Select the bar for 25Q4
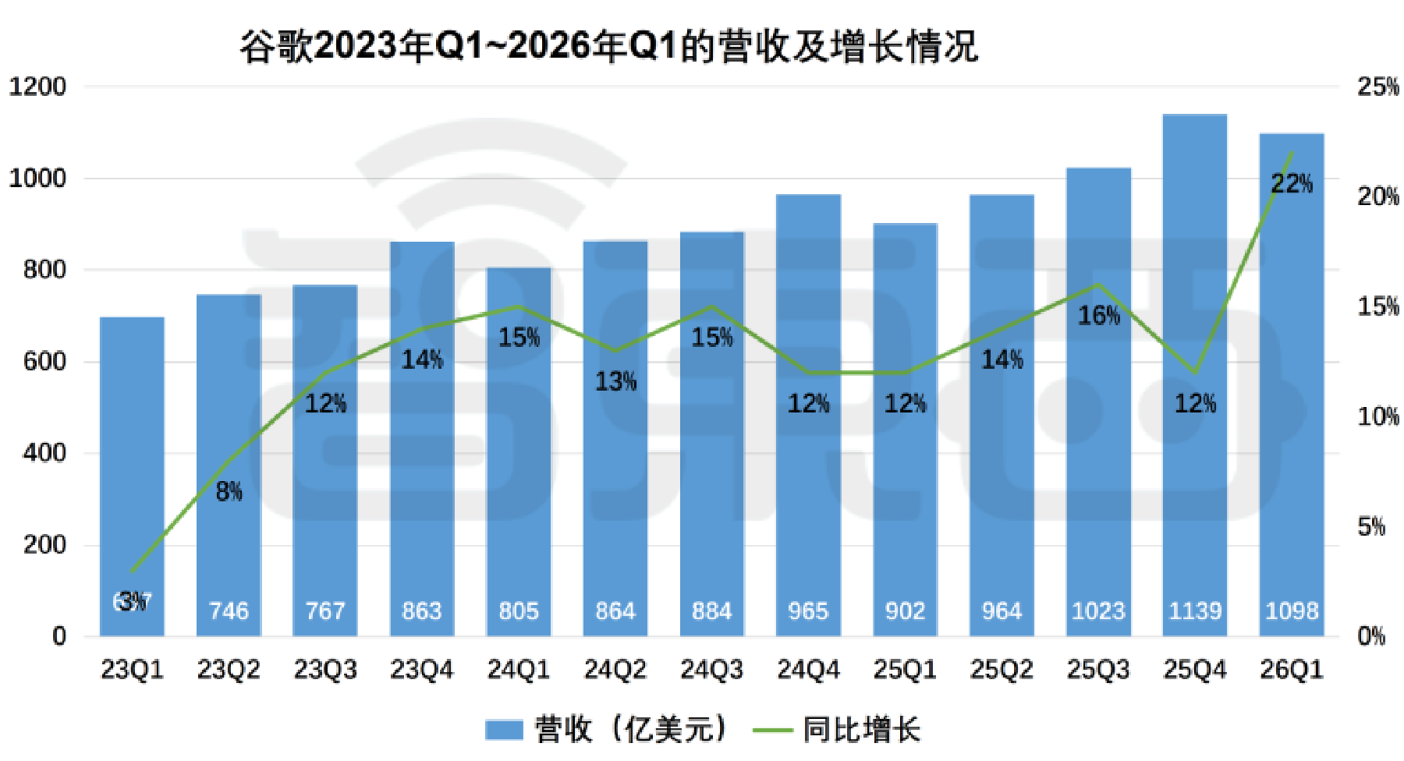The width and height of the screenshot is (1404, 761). (x=1194, y=374)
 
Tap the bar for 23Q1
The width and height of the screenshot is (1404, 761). (x=132, y=476)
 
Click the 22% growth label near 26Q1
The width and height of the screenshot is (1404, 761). (x=1292, y=184)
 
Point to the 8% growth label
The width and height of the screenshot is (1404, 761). (x=229, y=491)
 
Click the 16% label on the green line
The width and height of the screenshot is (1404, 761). (x=1098, y=315)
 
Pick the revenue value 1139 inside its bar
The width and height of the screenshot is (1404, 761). (x=1194, y=611)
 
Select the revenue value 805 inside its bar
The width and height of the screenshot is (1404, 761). (x=519, y=611)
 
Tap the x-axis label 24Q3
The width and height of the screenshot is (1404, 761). (x=711, y=669)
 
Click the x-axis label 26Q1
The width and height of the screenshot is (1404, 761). (x=1292, y=669)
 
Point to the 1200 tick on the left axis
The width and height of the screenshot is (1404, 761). (x=37, y=87)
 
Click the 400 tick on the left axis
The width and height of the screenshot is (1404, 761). (x=44, y=453)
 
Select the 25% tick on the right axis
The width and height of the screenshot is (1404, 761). (x=1377, y=87)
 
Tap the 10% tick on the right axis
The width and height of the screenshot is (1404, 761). (x=1377, y=416)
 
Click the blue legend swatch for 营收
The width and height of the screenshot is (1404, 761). (x=503, y=730)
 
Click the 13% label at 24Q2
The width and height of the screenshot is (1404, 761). (x=615, y=381)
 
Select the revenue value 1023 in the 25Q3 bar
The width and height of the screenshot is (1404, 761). (x=1098, y=611)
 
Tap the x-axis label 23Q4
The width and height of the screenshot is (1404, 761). (x=421, y=669)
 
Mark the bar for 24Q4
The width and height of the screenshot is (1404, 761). (x=808, y=413)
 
